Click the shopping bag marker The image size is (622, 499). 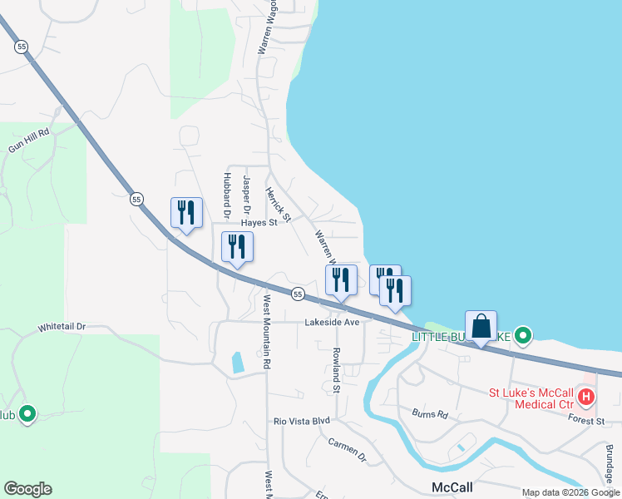[x=481, y=326]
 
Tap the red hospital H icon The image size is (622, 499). [x=586, y=397]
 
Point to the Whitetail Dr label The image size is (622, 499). [x=62, y=328]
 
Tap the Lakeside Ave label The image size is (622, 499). [x=331, y=322]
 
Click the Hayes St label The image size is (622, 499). [x=258, y=223]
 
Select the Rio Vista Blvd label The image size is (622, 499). [x=303, y=421]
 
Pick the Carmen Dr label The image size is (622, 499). [x=347, y=449]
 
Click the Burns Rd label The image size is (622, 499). [x=430, y=413]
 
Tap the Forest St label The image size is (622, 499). [x=588, y=422]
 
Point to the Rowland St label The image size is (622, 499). [x=337, y=370]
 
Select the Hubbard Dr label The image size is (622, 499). [x=225, y=195]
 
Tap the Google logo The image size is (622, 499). [x=27, y=489]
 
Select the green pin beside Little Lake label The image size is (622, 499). [x=522, y=336]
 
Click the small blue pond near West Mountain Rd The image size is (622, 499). [x=238, y=362]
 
